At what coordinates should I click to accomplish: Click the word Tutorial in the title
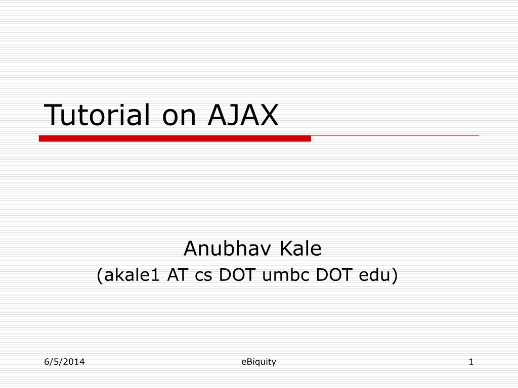coord(97,115)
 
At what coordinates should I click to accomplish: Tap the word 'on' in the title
coord(179,118)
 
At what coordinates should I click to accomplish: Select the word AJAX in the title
coord(243,115)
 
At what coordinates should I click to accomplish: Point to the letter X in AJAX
coord(267,115)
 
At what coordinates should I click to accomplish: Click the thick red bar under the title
coord(175,138)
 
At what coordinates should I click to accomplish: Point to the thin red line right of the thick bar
coord(395,135)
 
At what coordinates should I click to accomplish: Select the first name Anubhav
coord(228,248)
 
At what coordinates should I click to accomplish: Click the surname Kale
coord(300,248)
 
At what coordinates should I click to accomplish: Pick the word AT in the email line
coord(178,274)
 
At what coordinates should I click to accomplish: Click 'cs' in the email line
coord(203,276)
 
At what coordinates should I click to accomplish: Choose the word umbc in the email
coord(286,274)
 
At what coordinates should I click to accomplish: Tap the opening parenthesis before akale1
coord(100,275)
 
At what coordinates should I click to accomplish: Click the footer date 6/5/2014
coord(64,362)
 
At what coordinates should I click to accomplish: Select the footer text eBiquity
coord(258,362)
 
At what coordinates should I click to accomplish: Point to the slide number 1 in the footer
coord(471,362)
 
